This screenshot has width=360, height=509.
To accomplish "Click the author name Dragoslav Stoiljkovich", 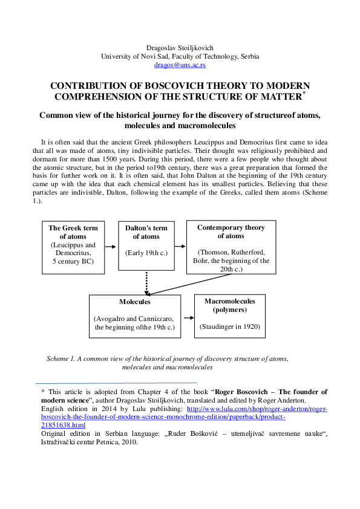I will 180,48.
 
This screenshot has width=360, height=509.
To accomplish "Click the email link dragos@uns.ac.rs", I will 180,64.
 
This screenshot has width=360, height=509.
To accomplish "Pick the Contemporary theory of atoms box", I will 231,248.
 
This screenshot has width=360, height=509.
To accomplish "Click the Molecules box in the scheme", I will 135,316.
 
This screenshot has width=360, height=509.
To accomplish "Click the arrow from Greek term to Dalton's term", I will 110,247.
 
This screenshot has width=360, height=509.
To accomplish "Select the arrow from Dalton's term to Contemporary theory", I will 180,247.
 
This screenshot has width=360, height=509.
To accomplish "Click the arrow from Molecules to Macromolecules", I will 188,317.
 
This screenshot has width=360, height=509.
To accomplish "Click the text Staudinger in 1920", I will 230,326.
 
